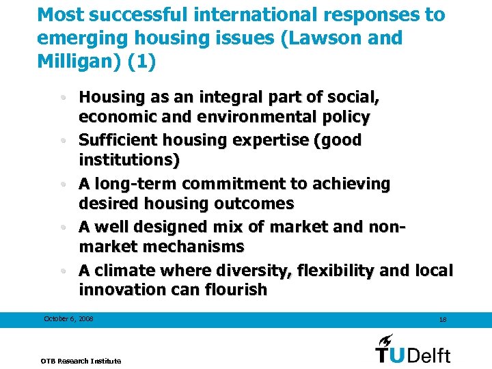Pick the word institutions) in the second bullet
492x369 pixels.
(x=129, y=161)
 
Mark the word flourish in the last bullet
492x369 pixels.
(x=234, y=290)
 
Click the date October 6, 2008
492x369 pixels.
(x=68, y=319)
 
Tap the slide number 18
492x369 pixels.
(x=443, y=320)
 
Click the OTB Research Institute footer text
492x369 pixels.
(x=81, y=361)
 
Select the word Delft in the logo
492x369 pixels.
(x=429, y=355)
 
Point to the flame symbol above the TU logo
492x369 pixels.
(x=386, y=340)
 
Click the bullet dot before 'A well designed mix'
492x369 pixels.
(x=71, y=227)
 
